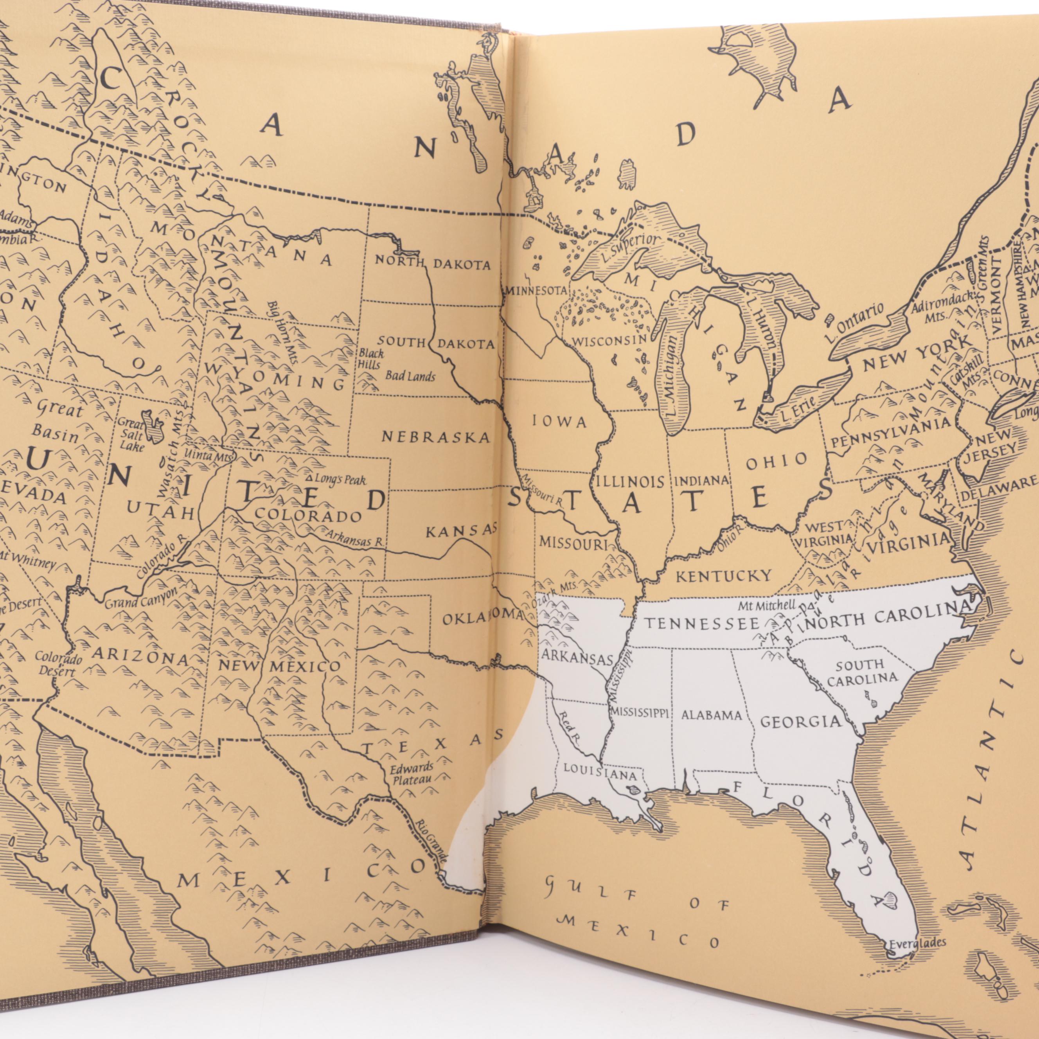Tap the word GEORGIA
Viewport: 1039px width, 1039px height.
[800, 722]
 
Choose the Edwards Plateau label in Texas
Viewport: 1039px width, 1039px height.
[412, 773]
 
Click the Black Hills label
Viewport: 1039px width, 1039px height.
[372, 359]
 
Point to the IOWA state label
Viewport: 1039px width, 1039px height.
[559, 422]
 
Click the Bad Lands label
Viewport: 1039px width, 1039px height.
[410, 376]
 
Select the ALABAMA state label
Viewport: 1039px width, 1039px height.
[712, 715]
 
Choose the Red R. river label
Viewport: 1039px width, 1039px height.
[569, 728]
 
